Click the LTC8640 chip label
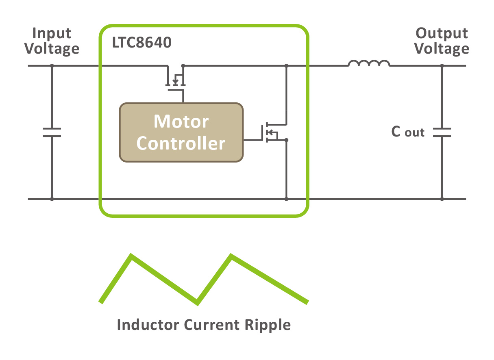141,43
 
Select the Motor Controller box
181,132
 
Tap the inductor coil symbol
369,64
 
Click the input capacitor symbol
52,132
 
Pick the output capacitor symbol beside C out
442,132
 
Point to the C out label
407,132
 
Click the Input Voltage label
52,41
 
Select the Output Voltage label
442,41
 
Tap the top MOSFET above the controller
175,80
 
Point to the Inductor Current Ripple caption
204,325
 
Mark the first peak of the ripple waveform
131,256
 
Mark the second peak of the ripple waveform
231,256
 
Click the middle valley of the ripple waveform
197,302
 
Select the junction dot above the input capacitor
52,65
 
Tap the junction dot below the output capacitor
442,199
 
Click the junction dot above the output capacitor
442,65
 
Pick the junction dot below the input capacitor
52,199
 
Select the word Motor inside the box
181,121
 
